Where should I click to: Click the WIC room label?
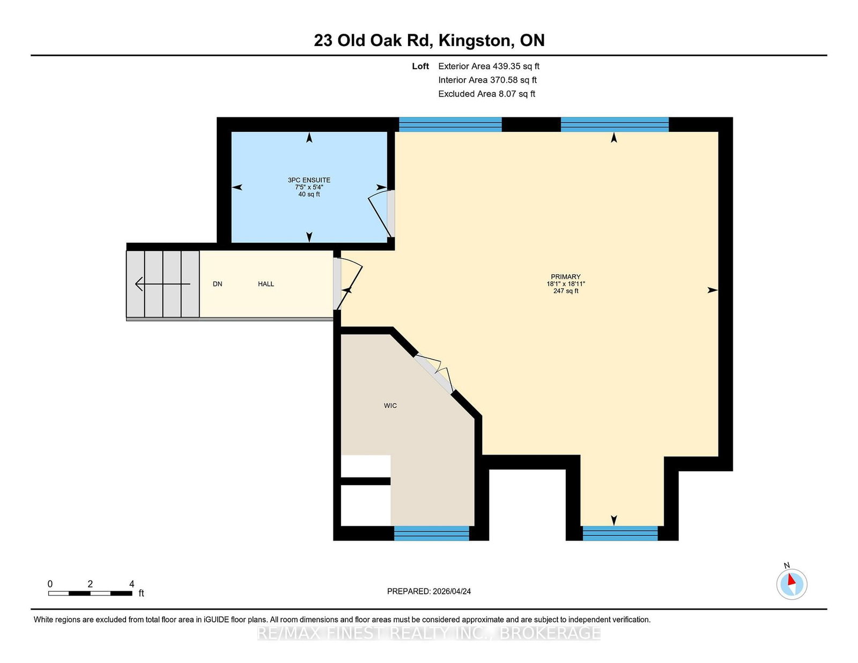tap(390, 406)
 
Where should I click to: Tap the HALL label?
tap(266, 284)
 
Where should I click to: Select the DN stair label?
tap(218, 284)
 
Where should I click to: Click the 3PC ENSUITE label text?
tap(309, 180)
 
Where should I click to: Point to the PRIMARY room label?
tap(566, 277)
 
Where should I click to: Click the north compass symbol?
tap(792, 584)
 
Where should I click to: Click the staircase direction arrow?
tap(162, 284)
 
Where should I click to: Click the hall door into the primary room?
tap(347, 283)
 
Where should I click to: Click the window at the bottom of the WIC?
tap(432, 533)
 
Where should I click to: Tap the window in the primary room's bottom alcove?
tap(620, 533)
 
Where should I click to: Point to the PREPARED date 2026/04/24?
tap(452, 592)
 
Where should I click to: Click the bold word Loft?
tap(420, 66)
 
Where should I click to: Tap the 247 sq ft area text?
tap(566, 291)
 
